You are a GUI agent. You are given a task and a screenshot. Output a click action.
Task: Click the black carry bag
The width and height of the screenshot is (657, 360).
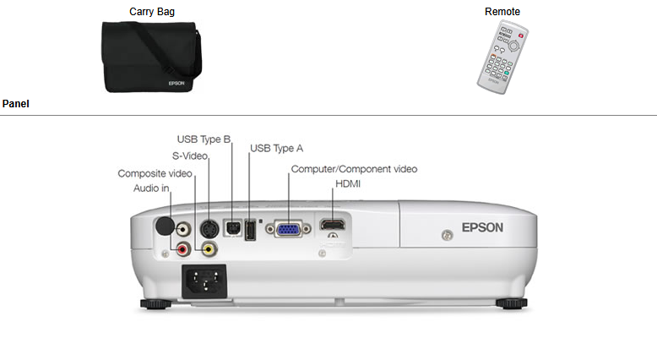pos(151,57)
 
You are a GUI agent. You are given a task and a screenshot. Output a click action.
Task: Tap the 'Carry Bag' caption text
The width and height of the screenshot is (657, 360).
pos(152,12)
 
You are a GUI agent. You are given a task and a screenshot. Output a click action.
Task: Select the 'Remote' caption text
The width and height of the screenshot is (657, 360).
pos(502,12)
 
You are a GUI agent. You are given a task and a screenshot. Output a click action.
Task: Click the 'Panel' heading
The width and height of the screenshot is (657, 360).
pos(16,104)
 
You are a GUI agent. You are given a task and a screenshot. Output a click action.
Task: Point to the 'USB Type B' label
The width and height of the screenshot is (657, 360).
pos(204,139)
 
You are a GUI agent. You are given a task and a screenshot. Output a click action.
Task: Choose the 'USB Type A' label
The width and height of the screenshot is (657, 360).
pos(277,149)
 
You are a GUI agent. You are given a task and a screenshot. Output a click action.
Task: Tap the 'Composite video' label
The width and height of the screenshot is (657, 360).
pos(155,173)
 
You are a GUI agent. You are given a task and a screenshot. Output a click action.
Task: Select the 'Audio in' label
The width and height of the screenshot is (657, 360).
pos(151,188)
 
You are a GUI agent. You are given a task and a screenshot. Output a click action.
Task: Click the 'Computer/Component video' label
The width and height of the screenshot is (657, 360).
pos(354,169)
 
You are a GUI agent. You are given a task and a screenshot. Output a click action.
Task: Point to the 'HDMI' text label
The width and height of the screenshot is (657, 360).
pos(349,183)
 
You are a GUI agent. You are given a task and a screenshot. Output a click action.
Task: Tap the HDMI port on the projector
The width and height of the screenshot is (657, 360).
pos(332,226)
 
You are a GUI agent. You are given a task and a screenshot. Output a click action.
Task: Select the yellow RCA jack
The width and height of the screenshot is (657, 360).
pos(208,248)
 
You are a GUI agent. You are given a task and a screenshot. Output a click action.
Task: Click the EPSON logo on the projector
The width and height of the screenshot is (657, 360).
pos(482,227)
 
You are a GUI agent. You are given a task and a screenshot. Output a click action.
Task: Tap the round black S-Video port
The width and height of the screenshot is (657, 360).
pos(208,227)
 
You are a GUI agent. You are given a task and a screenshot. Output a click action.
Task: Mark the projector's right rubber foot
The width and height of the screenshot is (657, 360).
pos(511,303)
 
